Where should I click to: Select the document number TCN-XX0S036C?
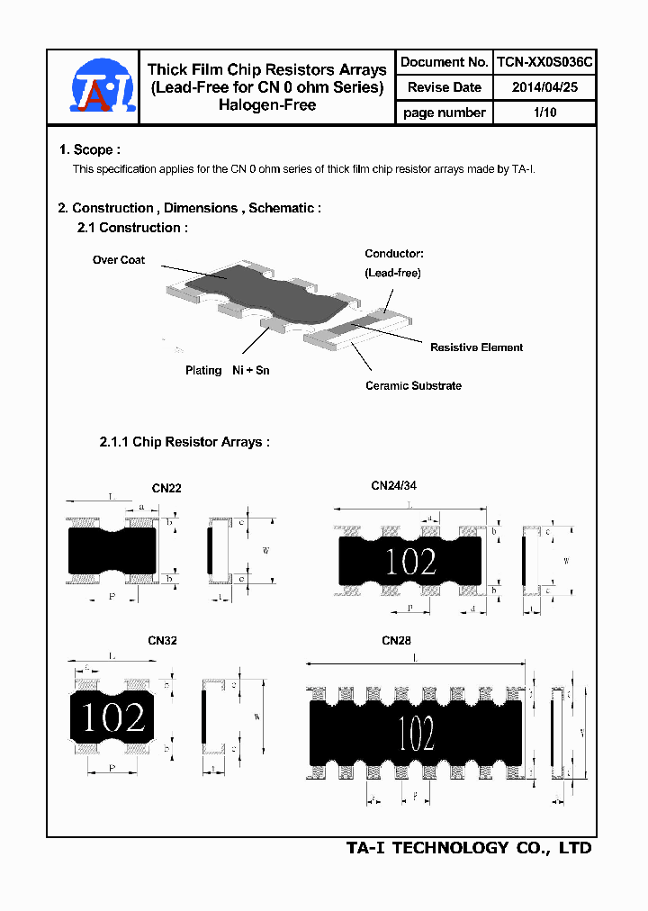click(x=544, y=62)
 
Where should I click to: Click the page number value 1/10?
click(x=544, y=113)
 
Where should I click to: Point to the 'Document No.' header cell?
click(x=444, y=62)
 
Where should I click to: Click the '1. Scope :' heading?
click(x=89, y=149)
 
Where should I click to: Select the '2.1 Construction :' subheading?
click(x=132, y=228)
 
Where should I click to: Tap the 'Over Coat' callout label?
click(x=119, y=260)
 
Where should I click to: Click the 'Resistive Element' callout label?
click(x=476, y=347)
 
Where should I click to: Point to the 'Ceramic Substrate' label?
click(x=413, y=385)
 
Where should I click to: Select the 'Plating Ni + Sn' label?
click(x=228, y=370)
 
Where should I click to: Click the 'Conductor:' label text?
click(x=393, y=255)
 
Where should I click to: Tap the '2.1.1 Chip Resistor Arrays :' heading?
click(x=184, y=442)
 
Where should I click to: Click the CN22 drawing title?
click(x=166, y=489)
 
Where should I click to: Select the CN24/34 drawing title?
click(x=394, y=485)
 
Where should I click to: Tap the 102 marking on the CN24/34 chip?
click(x=410, y=562)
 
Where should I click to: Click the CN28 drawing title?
click(x=396, y=641)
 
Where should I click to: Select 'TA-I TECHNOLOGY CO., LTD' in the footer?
click(x=469, y=848)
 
